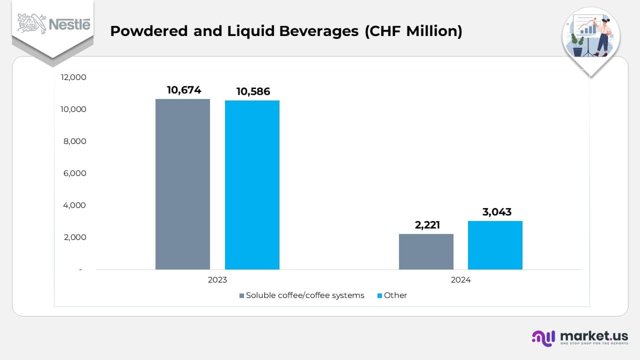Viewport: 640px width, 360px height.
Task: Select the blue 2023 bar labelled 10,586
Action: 252,185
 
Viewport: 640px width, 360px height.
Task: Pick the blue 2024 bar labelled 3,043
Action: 495,245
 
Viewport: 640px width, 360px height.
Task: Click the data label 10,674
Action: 184,90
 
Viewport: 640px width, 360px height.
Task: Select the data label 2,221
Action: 427,225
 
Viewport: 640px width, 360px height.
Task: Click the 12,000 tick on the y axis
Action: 73,77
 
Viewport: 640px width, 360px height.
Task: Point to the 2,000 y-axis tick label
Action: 75,237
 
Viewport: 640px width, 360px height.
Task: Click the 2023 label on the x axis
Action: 217,280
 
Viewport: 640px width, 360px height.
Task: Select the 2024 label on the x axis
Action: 460,280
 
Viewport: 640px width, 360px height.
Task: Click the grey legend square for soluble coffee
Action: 242,295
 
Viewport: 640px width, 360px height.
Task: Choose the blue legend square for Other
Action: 379,295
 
